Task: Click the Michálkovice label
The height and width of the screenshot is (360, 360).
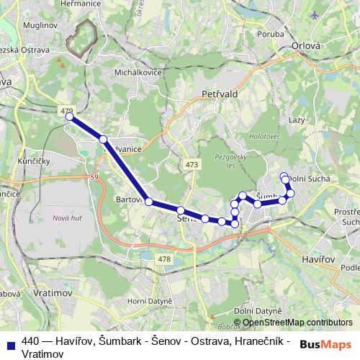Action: tap(134, 73)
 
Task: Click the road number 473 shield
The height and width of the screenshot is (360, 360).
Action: tap(191, 165)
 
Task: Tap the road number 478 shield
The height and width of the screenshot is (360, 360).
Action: tap(164, 258)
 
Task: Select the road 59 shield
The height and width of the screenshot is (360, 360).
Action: tap(94, 176)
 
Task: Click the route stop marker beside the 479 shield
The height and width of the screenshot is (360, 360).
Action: tap(70, 117)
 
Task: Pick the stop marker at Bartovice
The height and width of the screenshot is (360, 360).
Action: tap(148, 202)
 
